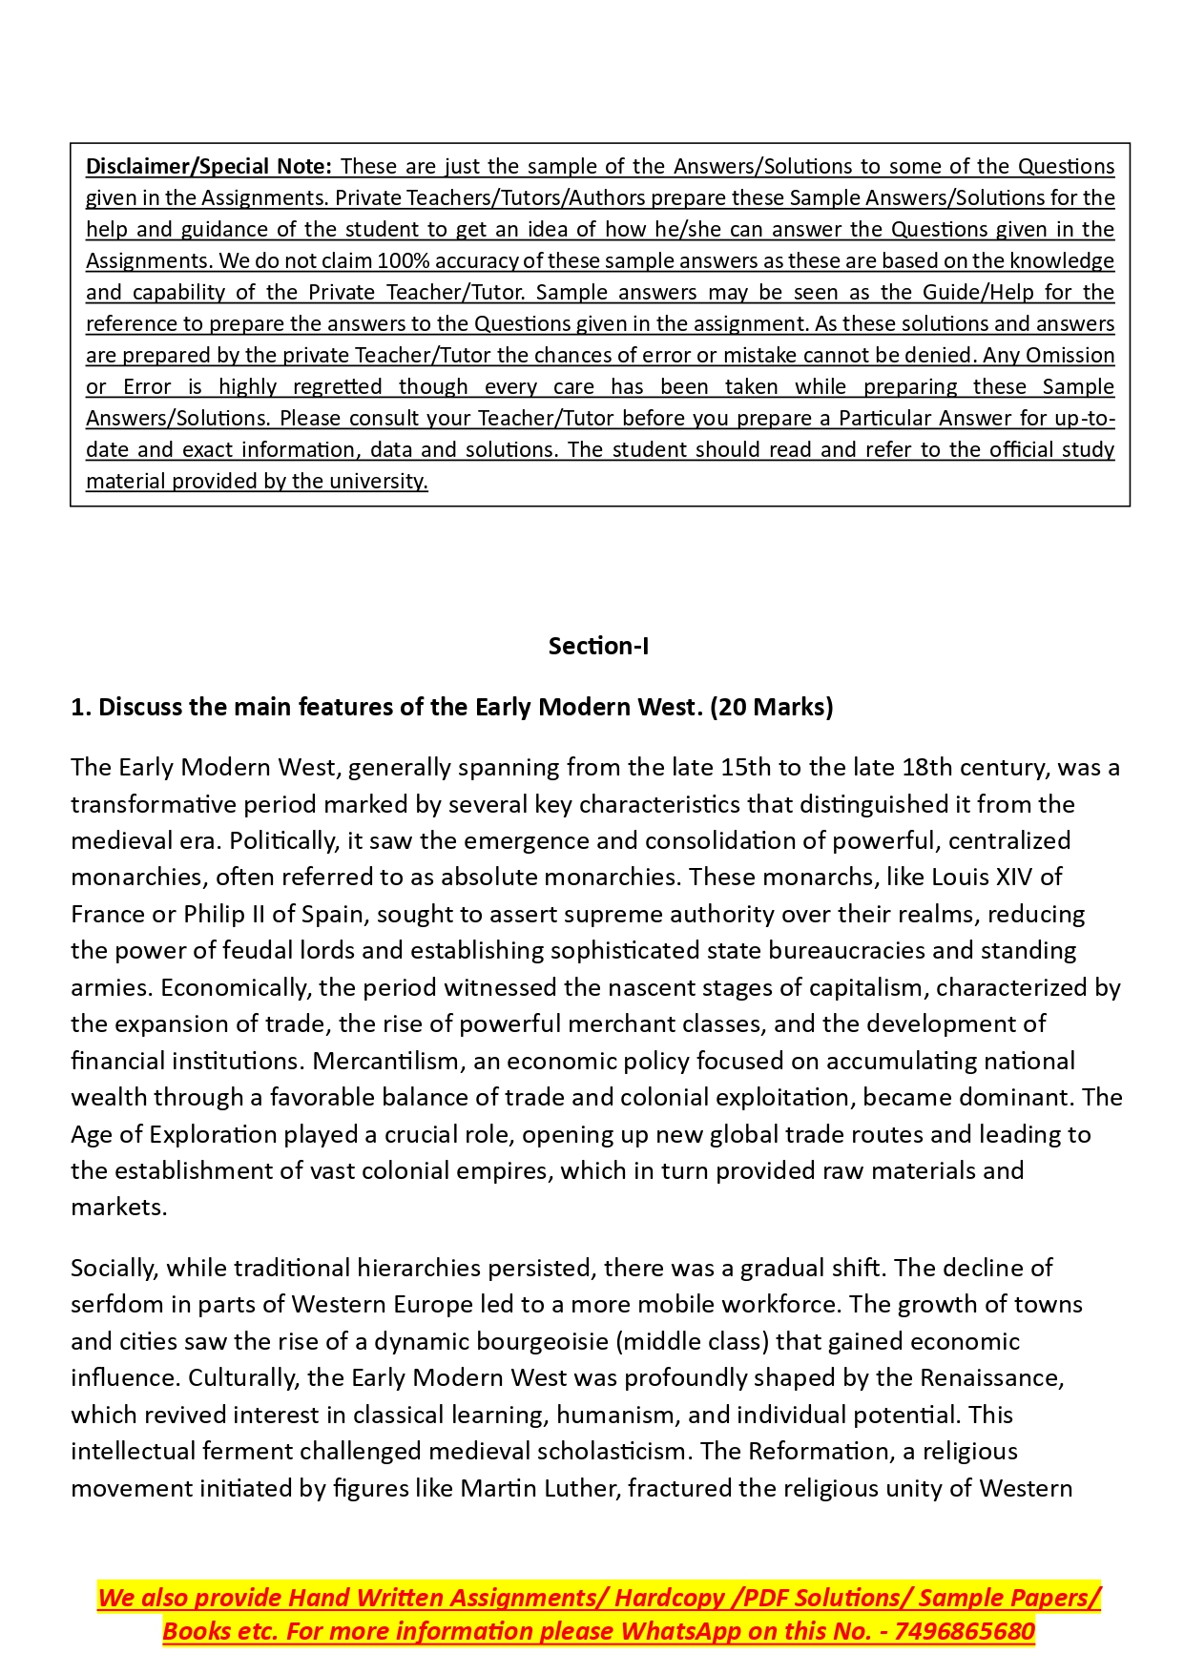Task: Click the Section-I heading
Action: coord(598,646)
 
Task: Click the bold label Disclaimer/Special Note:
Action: coord(209,166)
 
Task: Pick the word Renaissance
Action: coord(989,1378)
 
